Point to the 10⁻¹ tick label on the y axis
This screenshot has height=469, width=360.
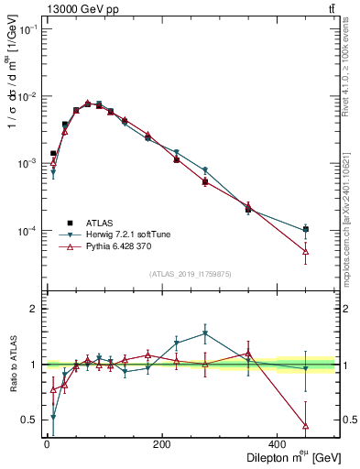(28, 30)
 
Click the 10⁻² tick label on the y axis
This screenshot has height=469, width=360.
(28, 97)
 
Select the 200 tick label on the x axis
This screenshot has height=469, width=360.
(162, 444)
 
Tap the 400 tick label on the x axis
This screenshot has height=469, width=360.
(278, 444)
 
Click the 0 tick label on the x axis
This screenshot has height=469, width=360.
(47, 444)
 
